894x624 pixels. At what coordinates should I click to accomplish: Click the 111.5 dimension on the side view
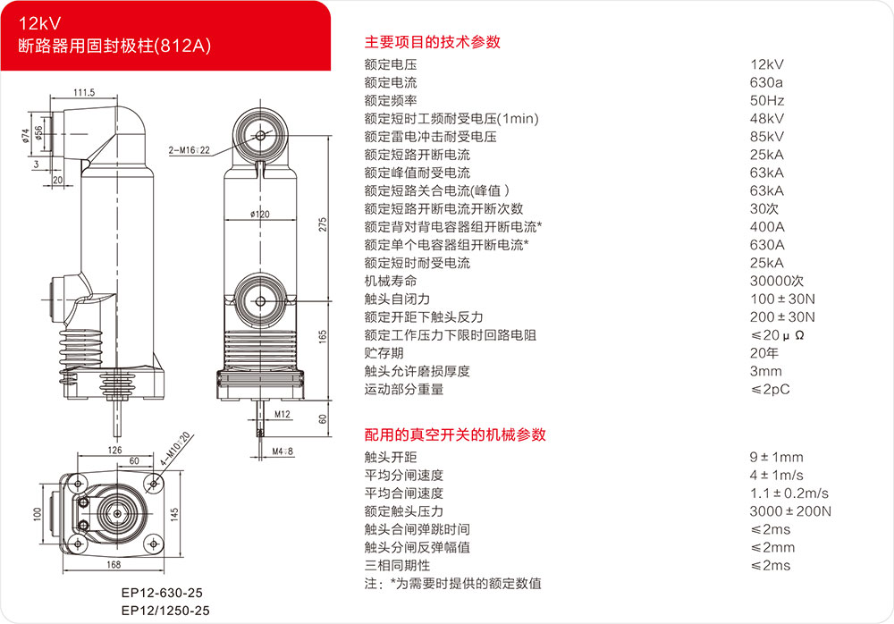click(x=84, y=92)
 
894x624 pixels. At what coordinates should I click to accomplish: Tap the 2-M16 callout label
click(x=190, y=150)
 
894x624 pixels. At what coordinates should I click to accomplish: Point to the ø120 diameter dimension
click(x=259, y=215)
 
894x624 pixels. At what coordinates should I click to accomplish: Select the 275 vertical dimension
click(x=323, y=224)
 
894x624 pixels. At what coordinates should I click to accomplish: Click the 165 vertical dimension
click(x=323, y=336)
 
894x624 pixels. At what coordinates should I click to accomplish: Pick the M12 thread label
click(x=283, y=414)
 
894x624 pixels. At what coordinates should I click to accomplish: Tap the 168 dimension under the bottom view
click(x=114, y=565)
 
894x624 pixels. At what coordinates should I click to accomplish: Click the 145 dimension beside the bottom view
click(x=174, y=514)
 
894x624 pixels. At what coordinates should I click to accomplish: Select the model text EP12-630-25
click(x=162, y=593)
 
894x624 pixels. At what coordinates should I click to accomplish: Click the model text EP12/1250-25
click(x=165, y=611)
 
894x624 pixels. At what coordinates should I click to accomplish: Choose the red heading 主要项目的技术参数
click(x=432, y=42)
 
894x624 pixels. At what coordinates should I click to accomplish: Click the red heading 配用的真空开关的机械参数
click(x=455, y=434)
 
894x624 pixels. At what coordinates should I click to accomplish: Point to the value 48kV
click(x=767, y=119)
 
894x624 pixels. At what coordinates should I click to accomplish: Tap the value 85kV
click(x=767, y=137)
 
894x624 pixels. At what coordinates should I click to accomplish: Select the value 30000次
click(x=777, y=282)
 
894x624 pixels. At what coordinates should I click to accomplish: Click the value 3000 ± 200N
click(x=790, y=511)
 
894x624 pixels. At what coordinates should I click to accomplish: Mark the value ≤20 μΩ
click(x=777, y=335)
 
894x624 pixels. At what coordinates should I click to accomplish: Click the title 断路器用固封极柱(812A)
click(x=114, y=46)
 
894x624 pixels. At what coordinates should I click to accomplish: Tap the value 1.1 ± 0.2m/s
click(x=789, y=493)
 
